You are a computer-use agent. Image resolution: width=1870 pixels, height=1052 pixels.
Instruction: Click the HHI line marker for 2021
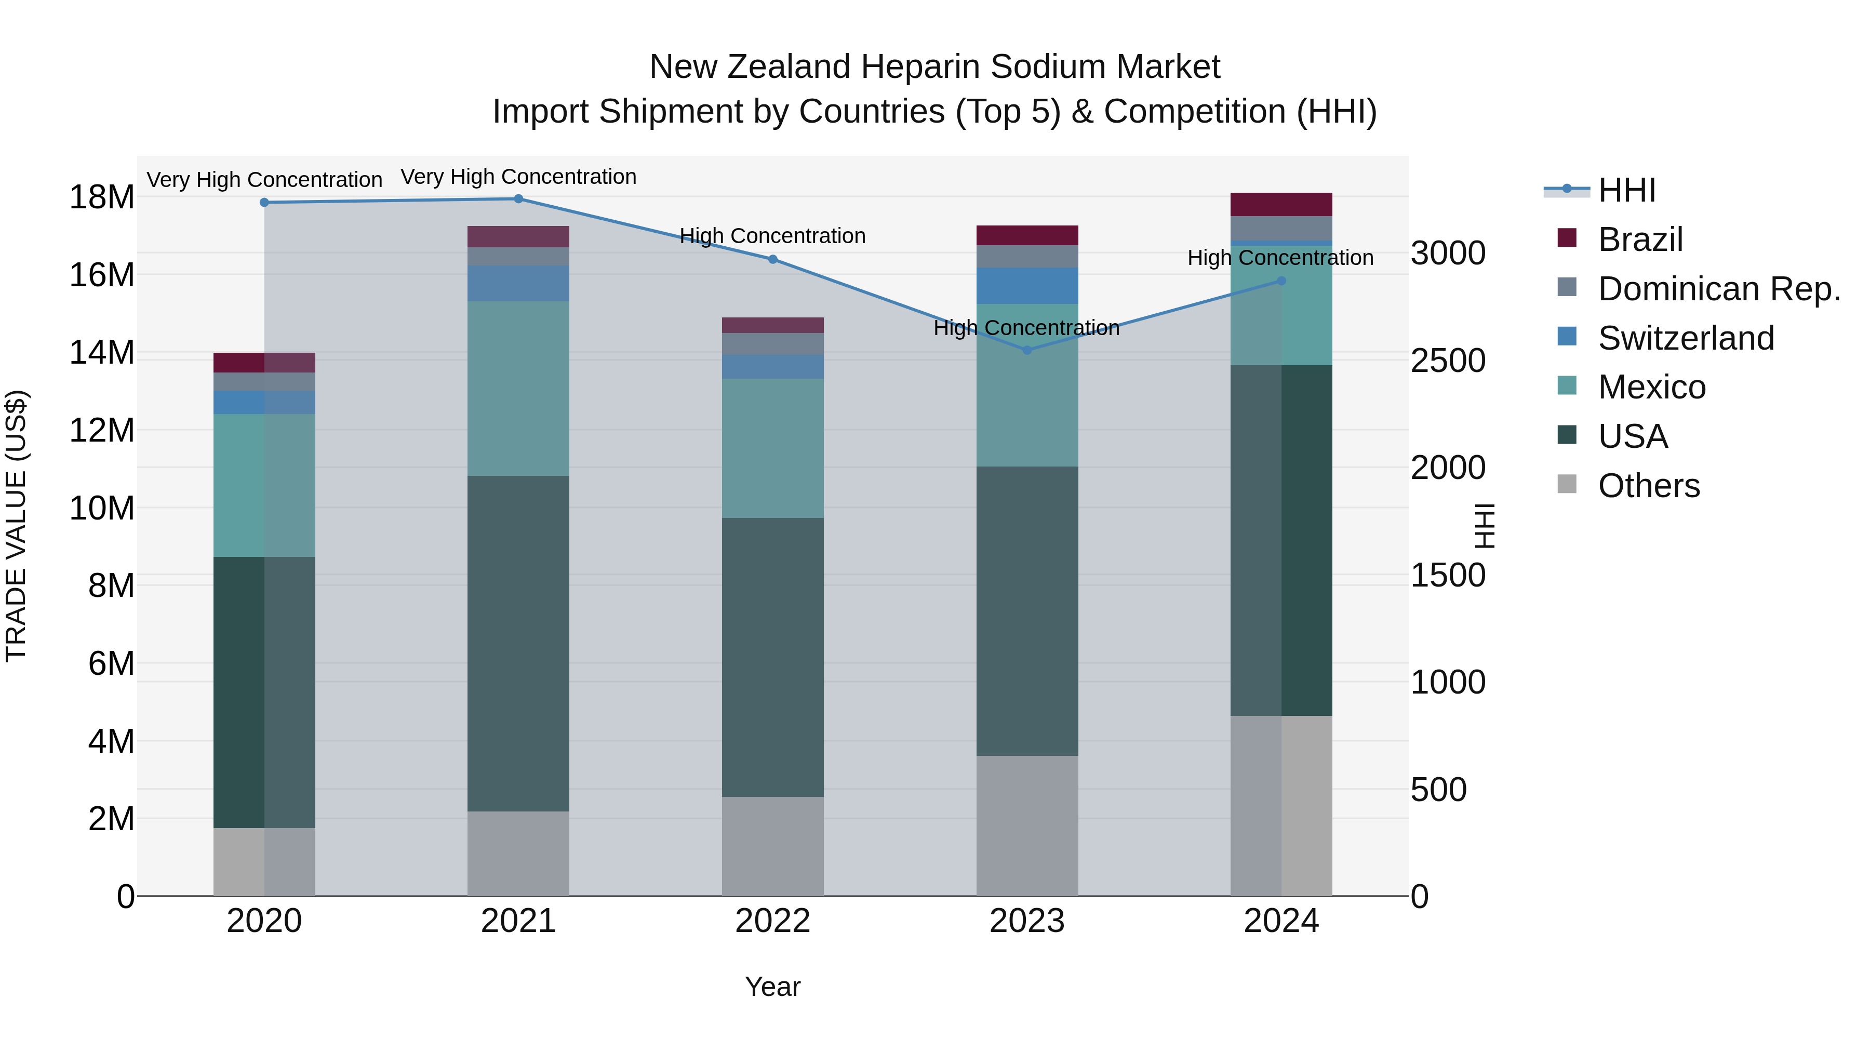click(x=518, y=199)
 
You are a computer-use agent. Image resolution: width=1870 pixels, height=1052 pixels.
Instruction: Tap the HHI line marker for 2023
click(x=1026, y=350)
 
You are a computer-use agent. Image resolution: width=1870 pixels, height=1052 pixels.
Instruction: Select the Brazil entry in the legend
click(x=1640, y=239)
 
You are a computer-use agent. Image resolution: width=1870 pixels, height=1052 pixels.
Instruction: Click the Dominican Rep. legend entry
click(x=1718, y=289)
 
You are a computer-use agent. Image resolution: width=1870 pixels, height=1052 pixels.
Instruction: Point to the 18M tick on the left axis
click(x=102, y=197)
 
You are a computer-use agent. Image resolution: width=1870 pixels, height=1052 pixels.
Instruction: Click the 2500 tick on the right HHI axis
click(x=1448, y=361)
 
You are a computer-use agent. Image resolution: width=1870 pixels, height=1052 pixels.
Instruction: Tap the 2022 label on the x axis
click(x=772, y=921)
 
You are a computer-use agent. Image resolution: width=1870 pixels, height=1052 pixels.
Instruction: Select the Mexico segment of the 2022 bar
click(x=772, y=448)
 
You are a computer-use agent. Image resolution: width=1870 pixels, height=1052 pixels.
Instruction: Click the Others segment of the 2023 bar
click(x=1026, y=825)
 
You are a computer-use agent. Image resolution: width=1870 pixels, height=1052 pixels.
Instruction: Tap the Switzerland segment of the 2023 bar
click(x=1026, y=285)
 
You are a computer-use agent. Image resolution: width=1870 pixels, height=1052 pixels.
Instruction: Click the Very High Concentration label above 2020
click(x=264, y=179)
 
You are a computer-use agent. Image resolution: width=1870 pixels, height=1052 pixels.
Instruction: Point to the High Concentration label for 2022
click(x=772, y=236)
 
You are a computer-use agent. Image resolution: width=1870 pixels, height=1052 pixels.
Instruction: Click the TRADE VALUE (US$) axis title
click(x=16, y=526)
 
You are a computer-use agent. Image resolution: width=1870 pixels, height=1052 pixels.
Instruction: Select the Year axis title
click(x=772, y=987)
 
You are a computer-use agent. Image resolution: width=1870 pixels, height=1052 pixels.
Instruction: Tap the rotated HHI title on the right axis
click(x=1485, y=526)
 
